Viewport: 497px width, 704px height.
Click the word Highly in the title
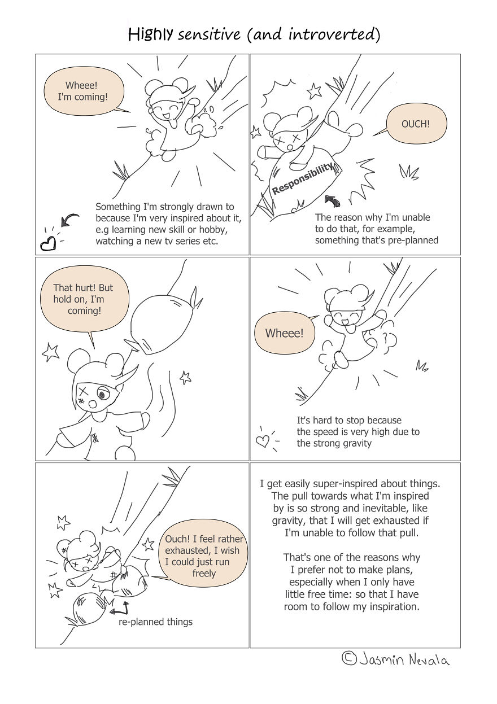tap(150, 35)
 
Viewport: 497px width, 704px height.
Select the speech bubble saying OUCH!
tap(415, 124)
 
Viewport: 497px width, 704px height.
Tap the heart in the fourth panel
tap(263, 440)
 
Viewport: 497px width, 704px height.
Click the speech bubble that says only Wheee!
tap(284, 333)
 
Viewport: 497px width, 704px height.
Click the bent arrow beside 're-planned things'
tap(120, 608)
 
